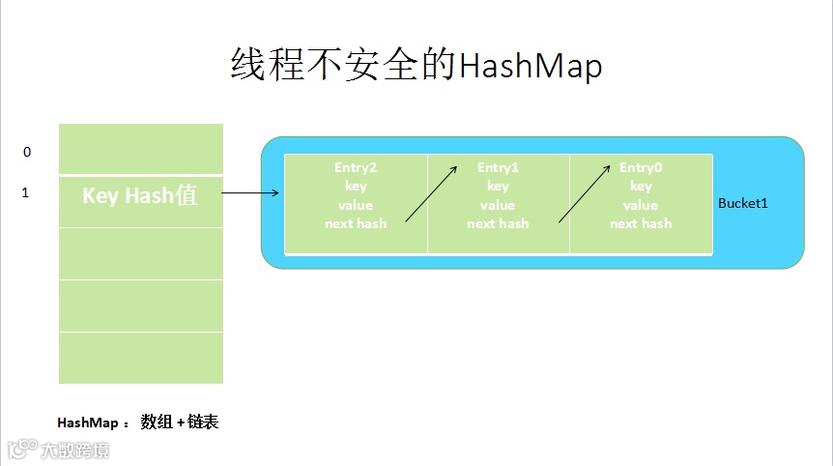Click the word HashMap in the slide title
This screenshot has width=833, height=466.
tap(530, 66)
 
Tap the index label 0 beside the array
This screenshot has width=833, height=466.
tap(27, 152)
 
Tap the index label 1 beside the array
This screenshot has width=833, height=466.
tap(26, 193)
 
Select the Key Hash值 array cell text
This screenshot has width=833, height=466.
tap(140, 195)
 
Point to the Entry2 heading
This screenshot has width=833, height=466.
tap(356, 168)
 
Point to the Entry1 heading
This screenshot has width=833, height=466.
tap(498, 168)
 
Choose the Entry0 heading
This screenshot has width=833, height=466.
tap(641, 168)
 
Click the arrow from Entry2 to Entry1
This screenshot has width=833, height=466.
tap(431, 193)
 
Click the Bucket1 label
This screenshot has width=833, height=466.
tap(742, 205)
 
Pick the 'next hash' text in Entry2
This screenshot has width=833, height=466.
tap(356, 223)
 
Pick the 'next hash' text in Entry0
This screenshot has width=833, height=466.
tap(641, 223)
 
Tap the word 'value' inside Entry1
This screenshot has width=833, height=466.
tap(498, 205)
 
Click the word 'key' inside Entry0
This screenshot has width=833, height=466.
tap(641, 187)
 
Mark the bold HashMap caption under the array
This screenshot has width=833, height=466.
tap(87, 423)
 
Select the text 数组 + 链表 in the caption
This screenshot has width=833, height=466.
tap(180, 422)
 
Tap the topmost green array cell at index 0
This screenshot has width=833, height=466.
tap(141, 149)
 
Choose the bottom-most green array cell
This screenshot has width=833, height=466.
tap(141, 358)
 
